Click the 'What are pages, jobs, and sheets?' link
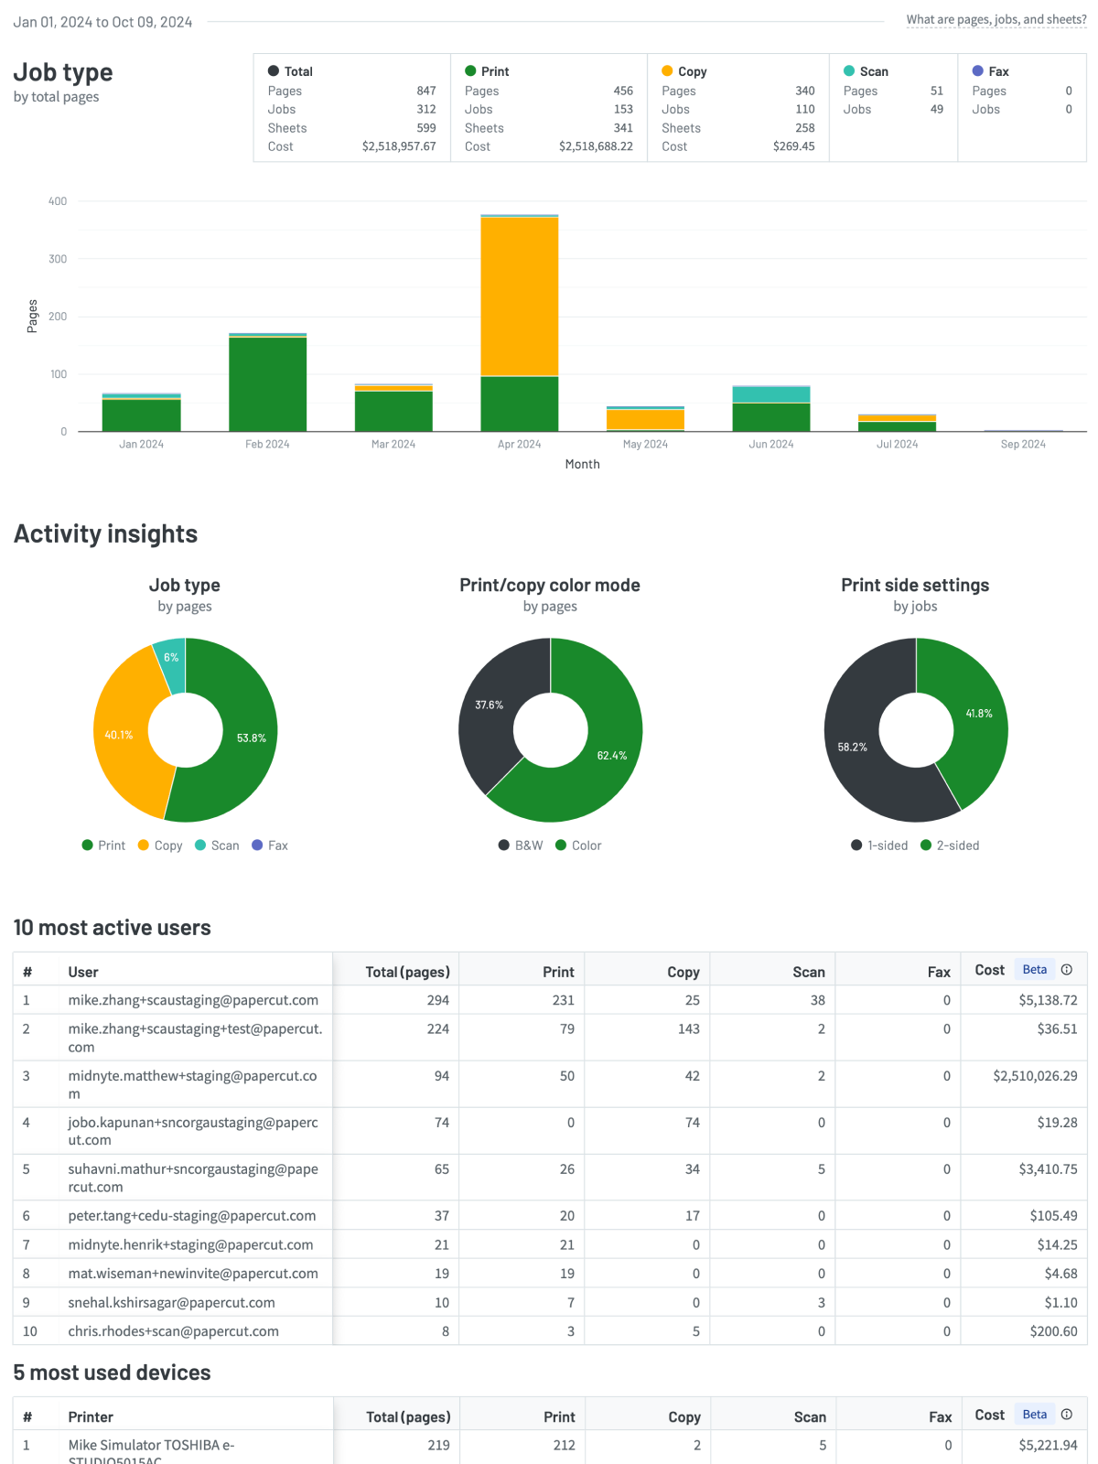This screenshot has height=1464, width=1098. coord(996,19)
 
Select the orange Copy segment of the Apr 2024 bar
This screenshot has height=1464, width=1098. coord(519,296)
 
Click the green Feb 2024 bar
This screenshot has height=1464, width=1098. coord(267,383)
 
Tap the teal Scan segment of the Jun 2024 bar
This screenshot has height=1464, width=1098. coord(770,394)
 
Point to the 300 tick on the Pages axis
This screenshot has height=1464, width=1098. coord(58,259)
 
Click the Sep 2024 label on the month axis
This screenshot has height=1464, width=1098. coord(1022,444)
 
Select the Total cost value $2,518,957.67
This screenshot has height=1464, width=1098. coord(398,146)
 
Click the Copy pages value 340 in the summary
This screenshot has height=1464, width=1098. coord(804,91)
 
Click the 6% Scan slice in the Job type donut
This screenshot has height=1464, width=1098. coord(170,660)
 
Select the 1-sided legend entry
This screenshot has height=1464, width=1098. coord(879,845)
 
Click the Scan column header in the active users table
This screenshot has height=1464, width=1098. coord(808,972)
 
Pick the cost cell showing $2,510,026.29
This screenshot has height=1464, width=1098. coord(1035,1076)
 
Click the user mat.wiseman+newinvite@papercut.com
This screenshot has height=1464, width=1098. coord(193,1274)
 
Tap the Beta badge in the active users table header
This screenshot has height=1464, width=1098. coord(1034,970)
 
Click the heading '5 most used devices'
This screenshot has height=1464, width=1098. coord(112,1372)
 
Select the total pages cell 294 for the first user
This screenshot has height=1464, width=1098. coord(437,1000)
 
